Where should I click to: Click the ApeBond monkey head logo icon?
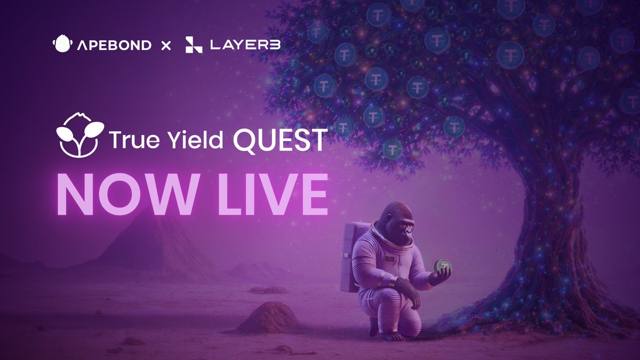pos(62,44)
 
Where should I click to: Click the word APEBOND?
pos(113,45)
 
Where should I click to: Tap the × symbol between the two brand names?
pos(166,45)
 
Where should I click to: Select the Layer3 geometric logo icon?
pos(194,45)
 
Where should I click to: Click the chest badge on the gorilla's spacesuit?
pos(391,258)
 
